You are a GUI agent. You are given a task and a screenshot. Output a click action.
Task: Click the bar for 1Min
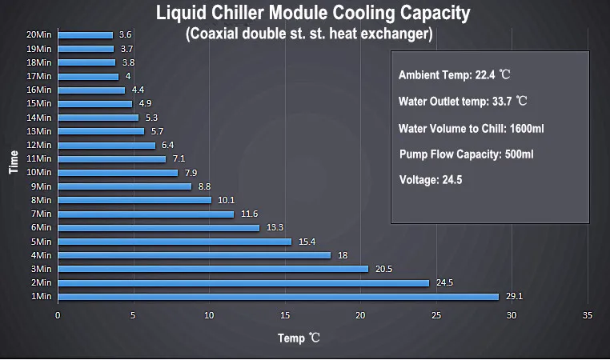(278, 297)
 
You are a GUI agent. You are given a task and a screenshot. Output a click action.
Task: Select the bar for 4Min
(194, 255)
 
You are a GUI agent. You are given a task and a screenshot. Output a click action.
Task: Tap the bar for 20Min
(85, 35)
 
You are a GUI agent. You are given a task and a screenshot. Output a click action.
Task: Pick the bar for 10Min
(118, 173)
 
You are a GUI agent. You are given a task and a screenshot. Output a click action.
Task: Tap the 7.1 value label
(179, 159)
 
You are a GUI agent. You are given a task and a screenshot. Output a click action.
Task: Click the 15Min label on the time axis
(38, 104)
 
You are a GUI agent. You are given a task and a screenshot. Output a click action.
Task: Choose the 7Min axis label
(41, 214)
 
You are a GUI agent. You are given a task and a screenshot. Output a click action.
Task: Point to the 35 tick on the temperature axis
(588, 315)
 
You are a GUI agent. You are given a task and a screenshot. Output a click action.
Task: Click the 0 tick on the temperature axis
(58, 315)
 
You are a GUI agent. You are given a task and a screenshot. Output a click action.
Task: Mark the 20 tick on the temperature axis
(361, 315)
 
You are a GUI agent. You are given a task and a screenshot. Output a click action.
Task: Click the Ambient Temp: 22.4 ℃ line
(454, 74)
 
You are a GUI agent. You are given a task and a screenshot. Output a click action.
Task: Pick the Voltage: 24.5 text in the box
(431, 180)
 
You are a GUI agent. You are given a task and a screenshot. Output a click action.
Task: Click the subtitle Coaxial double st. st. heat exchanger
(309, 34)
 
